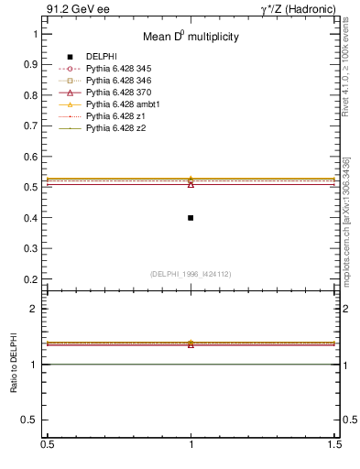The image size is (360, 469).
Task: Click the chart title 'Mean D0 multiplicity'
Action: point(191,38)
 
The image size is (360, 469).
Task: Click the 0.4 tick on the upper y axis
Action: point(32,218)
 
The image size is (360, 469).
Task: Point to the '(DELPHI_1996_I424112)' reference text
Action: point(191,273)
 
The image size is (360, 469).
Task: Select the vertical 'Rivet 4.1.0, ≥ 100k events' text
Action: point(346,66)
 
